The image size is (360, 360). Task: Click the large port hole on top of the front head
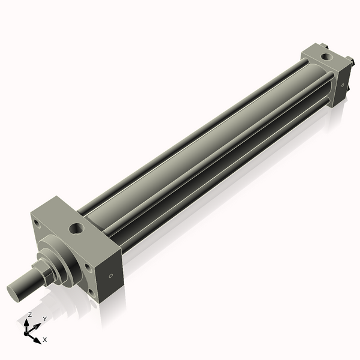[77, 228]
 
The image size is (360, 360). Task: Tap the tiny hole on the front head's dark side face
[110, 276]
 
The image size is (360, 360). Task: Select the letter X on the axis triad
[44, 340]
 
